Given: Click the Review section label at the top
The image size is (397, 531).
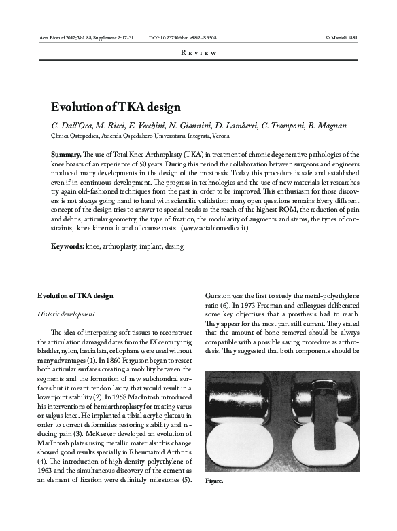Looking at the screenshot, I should [198, 52].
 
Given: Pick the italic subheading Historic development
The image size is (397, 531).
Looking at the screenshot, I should [67, 314].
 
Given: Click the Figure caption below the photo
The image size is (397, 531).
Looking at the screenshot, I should [214, 480].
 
